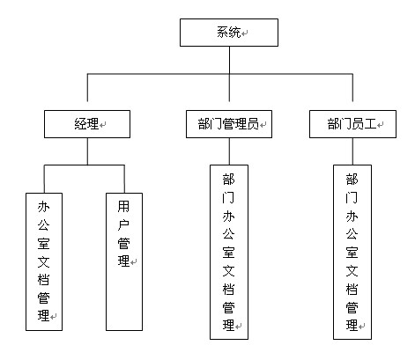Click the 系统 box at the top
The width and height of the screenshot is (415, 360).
coord(229,33)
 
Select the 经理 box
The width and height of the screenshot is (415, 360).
coord(87,124)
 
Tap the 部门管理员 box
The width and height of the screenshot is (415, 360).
coord(229,124)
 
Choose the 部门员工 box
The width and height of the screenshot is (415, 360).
coord(352,124)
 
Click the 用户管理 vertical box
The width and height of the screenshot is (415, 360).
coord(124,261)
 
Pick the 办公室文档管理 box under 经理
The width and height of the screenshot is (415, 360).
coord(44,261)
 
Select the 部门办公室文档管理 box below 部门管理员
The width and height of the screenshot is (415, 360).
coord(229,252)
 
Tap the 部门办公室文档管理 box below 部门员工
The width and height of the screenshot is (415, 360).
coord(352,252)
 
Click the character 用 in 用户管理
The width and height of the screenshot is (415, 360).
coord(123,207)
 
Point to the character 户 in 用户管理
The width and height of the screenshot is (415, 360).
coord(123,224)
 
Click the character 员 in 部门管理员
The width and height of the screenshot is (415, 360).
coord(253,124)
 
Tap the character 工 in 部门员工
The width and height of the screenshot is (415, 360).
coord(371,124)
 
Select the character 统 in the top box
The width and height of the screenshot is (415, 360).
coord(235,33)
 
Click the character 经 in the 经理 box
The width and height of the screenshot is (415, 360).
coord(81,124)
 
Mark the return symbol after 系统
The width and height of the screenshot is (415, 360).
coord(245,33)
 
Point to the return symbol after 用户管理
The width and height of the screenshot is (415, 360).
coord(133,262)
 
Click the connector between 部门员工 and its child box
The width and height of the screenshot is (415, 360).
coord(352,151)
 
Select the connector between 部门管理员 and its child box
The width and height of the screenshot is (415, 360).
coord(229,151)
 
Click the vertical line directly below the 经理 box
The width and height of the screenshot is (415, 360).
coord(87,151)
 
